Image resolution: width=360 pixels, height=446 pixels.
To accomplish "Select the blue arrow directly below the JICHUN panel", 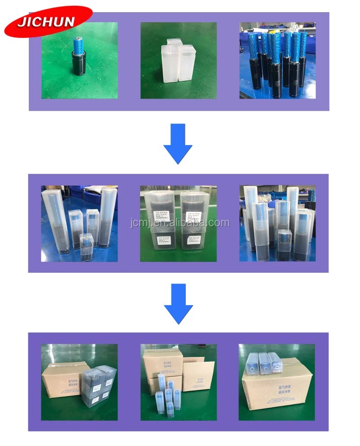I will coord(178,143).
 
